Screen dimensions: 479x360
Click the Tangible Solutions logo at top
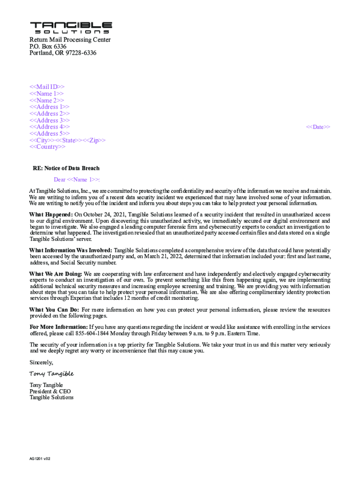[x=71, y=28]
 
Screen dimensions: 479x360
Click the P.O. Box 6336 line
[x=48, y=47]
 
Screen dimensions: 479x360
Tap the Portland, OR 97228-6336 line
[x=63, y=53]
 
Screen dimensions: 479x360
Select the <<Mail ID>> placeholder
[x=47, y=87]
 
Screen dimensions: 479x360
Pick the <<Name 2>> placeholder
[x=47, y=101]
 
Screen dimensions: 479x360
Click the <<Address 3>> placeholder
[x=50, y=121]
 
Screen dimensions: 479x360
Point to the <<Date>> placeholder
[x=318, y=127]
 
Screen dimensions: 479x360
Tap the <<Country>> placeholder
[x=48, y=147]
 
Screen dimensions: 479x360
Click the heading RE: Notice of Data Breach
[x=66, y=168]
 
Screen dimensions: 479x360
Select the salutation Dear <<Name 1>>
[x=77, y=180]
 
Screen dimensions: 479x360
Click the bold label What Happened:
[x=51, y=215]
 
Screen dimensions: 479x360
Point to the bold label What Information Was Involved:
[x=71, y=250]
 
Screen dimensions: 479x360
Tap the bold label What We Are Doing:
[x=56, y=274]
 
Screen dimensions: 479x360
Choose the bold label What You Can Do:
[x=54, y=310]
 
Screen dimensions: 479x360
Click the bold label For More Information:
[x=58, y=327]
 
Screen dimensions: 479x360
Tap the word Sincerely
[x=41, y=363]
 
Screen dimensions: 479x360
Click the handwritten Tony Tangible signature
[x=51, y=374]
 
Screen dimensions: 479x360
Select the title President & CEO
[x=50, y=391]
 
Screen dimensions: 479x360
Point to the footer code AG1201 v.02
[x=40, y=459]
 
